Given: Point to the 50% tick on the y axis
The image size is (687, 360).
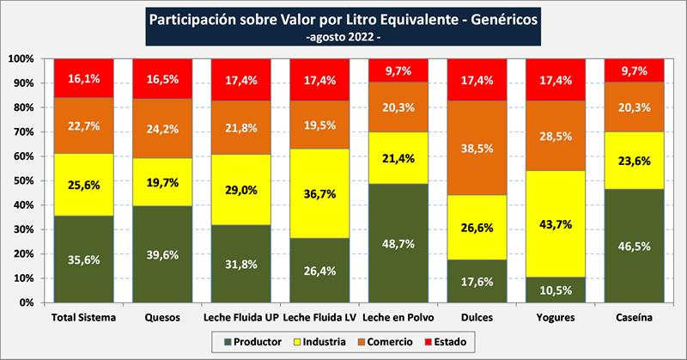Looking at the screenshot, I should pos(20,180).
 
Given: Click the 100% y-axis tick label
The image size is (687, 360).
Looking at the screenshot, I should pos(18,58).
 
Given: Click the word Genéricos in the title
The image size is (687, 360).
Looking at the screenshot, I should pos(506,18).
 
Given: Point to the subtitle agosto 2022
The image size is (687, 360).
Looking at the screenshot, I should pos(343,38).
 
